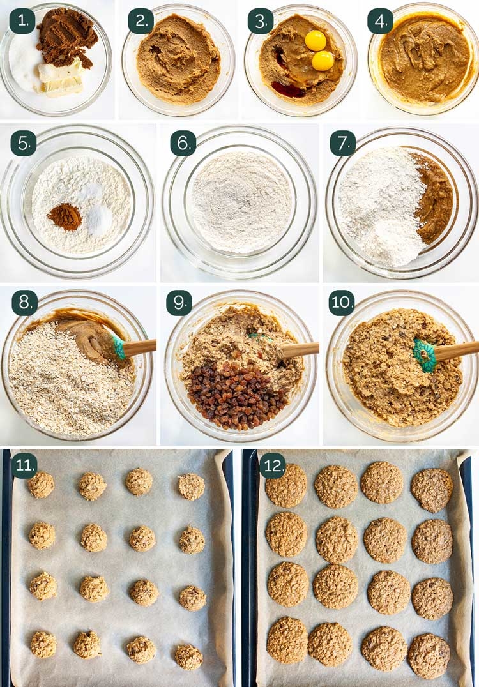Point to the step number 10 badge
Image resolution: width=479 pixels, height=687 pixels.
point(342,303)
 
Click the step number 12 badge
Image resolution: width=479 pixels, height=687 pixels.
point(273,465)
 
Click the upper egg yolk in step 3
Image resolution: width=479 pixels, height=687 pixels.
point(316,40)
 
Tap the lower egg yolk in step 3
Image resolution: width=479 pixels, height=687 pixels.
point(323,61)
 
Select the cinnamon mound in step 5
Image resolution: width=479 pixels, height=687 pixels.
point(65,216)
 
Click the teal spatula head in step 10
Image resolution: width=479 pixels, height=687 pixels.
point(424,354)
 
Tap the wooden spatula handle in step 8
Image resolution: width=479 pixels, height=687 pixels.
point(139,347)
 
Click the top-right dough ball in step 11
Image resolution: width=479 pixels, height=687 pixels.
point(191,487)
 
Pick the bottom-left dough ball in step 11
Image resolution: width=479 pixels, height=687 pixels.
point(43,644)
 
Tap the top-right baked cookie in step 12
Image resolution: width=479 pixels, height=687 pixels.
point(432,490)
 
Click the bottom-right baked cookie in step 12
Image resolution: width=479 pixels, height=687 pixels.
point(429,656)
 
